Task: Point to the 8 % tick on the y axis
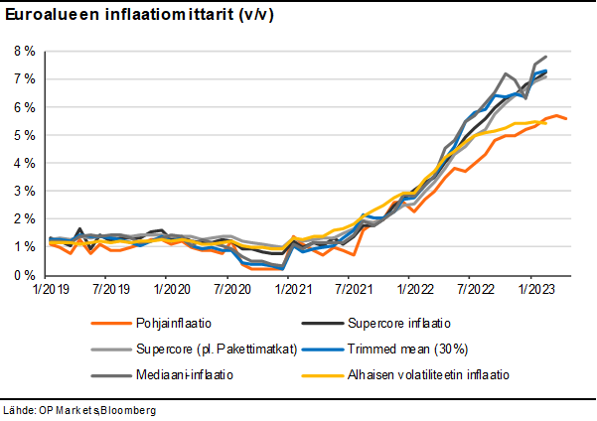pyautogui.click(x=24, y=51)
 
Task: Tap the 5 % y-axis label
pyautogui.click(x=24, y=134)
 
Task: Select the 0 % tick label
pyautogui.click(x=24, y=275)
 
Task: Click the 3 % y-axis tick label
pyautogui.click(x=24, y=191)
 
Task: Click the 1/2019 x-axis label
pyautogui.click(x=50, y=290)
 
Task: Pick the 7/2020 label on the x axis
pyautogui.click(x=230, y=290)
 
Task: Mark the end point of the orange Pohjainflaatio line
pyautogui.click(x=566, y=119)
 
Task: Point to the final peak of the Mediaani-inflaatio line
pyautogui.click(x=546, y=57)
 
